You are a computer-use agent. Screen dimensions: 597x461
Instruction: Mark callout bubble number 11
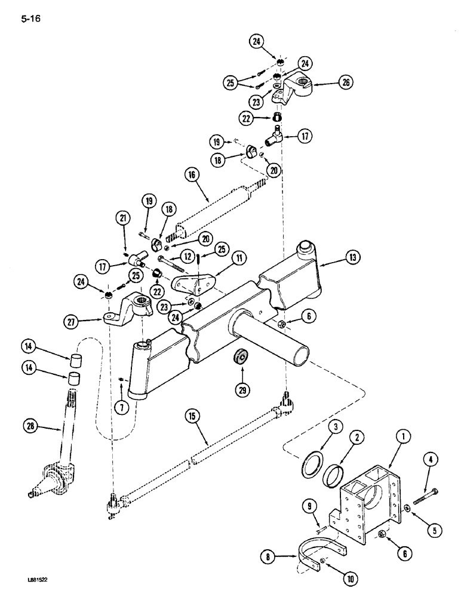click(x=223, y=257)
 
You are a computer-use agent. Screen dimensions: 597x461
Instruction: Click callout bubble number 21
click(x=124, y=220)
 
